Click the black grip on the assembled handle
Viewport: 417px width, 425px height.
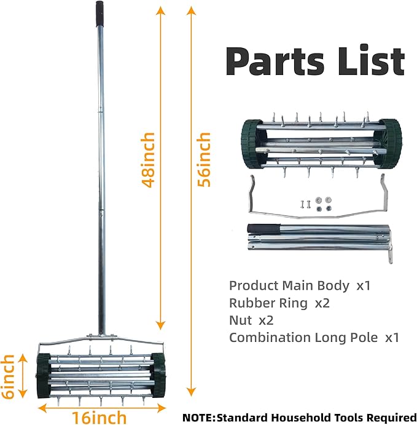[x=99, y=14]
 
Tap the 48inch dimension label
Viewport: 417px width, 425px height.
[x=148, y=160]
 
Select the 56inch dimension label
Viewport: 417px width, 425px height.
[x=204, y=160]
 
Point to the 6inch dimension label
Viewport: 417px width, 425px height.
[x=7, y=377]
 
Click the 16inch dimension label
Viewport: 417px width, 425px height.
[x=99, y=418]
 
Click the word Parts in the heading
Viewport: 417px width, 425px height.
[x=275, y=62]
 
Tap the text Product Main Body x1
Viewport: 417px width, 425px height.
[x=300, y=286]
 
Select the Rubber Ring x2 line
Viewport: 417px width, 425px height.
[x=279, y=303]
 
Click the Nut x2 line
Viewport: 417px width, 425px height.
[x=251, y=320]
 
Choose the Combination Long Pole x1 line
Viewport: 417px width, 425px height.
[x=314, y=338]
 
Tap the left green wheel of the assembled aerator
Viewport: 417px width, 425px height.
[x=43, y=375]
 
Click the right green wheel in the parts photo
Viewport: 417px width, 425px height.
[x=390, y=144]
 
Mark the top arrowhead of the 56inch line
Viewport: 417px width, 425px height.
[x=192, y=11]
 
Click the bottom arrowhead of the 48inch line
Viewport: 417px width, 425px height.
[x=161, y=325]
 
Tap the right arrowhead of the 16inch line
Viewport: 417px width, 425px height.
[x=161, y=408]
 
